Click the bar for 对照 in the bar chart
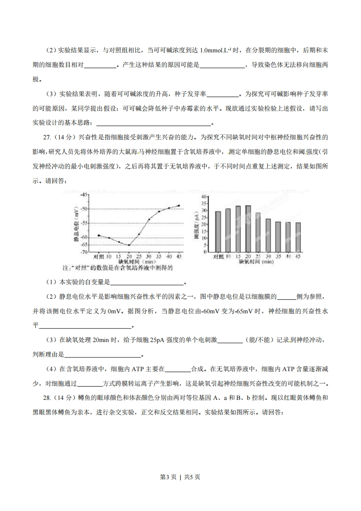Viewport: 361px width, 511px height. [218, 231]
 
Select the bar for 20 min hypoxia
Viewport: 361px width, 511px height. [248, 229]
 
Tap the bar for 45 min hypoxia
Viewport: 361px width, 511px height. [298, 237]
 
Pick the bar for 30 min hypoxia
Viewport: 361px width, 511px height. [268, 235]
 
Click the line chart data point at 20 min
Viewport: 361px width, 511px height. [129, 245]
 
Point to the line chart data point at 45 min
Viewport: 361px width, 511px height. [179, 205]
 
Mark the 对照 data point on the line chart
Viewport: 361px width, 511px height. [99, 235]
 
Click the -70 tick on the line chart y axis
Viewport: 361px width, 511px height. [84, 252]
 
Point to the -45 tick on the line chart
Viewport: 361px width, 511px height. [84, 194]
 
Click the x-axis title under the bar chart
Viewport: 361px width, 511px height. [256, 262]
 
